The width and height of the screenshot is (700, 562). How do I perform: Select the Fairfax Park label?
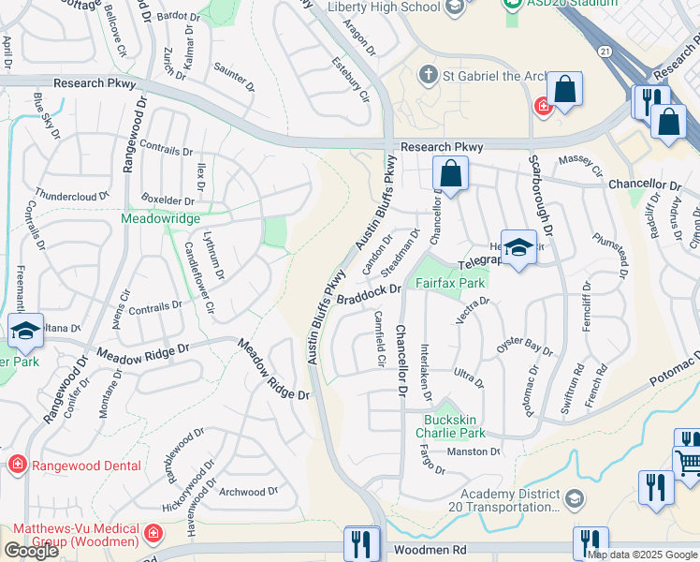pyautogui.click(x=450, y=282)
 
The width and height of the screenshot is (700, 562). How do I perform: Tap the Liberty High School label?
pyautogui.click(x=384, y=7)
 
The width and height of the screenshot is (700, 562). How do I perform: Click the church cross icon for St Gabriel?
pyautogui.click(x=429, y=74)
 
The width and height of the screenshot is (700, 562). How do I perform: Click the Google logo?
pyautogui.click(x=31, y=551)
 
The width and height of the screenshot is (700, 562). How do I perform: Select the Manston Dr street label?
pyautogui.click(x=474, y=451)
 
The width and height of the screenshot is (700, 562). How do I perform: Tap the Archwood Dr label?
pyautogui.click(x=248, y=491)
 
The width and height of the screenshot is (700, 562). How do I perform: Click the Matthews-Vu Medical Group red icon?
pyautogui.click(x=153, y=535)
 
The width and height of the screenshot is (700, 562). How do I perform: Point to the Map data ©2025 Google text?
pyautogui.click(x=642, y=554)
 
